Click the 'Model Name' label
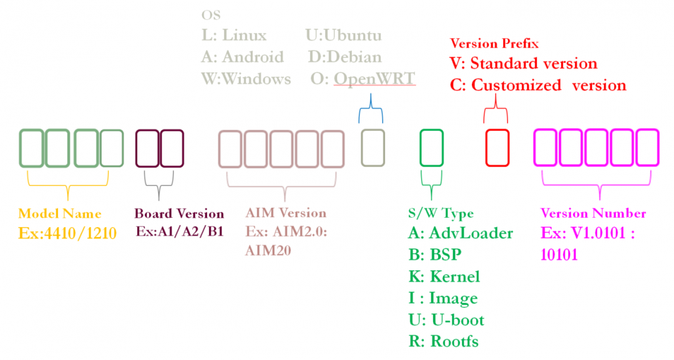point(59,213)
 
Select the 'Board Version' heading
point(179,213)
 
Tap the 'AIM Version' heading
point(285,213)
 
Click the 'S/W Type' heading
point(440,213)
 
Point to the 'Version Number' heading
point(593,213)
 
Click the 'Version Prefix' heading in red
point(494,44)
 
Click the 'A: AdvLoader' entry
point(460,233)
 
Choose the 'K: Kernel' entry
point(444,276)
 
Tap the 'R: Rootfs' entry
point(443,341)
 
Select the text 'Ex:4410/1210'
point(67,234)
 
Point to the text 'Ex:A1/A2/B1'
point(179,231)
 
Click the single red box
point(497,148)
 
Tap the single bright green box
point(431,148)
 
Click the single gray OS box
point(373,148)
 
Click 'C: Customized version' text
point(537,85)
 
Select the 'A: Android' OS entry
point(242,57)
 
